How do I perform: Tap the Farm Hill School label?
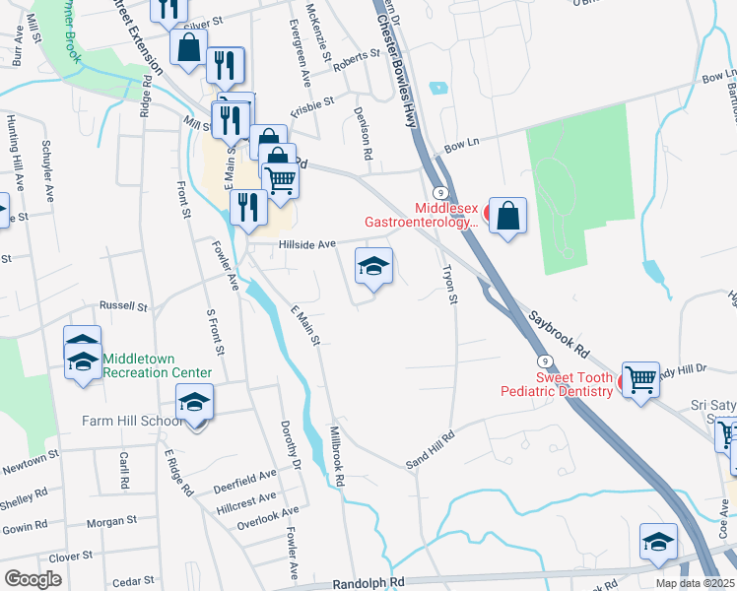(x=135, y=422)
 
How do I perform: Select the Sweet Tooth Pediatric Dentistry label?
(x=574, y=384)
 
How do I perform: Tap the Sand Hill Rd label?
(x=431, y=449)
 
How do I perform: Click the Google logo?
(x=33, y=579)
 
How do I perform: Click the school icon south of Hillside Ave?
(x=373, y=267)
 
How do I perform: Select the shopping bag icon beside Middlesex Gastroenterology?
(x=507, y=217)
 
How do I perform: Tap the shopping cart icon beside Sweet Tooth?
(x=641, y=378)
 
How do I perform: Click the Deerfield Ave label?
(x=246, y=486)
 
